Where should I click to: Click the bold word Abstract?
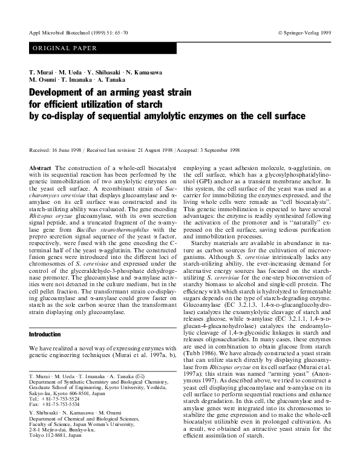tap(41, 165)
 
